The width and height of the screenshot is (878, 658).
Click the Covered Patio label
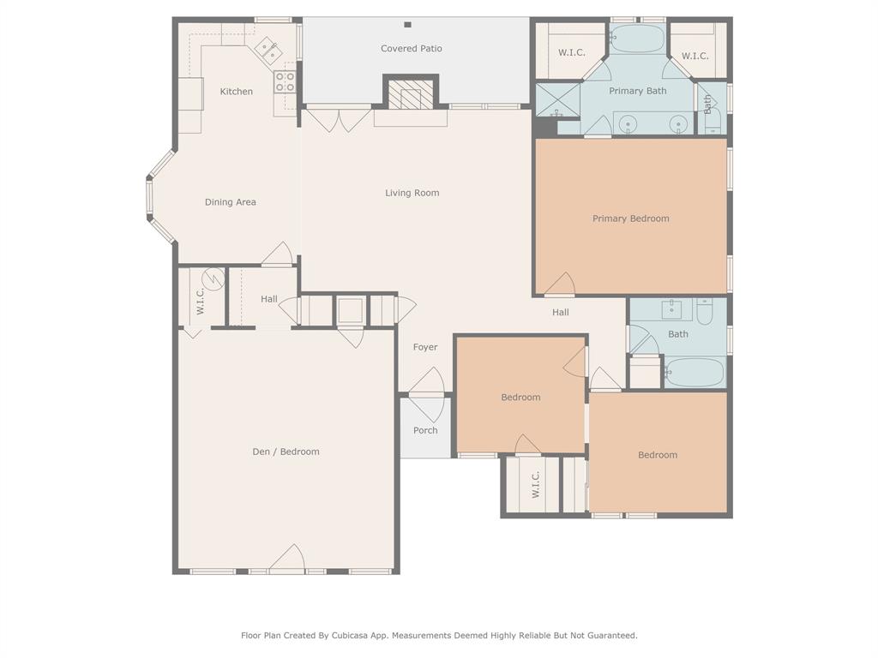[412, 49]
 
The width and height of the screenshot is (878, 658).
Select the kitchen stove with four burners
[285, 81]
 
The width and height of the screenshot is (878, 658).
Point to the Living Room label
[412, 193]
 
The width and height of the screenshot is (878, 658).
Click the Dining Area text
[230, 202]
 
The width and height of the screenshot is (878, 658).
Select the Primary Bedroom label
[630, 218]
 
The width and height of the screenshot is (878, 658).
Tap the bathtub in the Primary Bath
[637, 39]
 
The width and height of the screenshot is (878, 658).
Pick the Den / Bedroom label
[286, 452]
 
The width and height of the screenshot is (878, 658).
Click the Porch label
[425, 430]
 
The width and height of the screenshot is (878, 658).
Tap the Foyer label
[425, 347]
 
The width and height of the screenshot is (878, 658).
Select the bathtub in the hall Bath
[695, 373]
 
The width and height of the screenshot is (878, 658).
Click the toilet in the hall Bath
[705, 313]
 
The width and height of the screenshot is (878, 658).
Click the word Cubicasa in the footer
[371, 636]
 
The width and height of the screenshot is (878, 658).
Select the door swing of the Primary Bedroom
[561, 285]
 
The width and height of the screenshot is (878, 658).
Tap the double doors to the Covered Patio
[339, 118]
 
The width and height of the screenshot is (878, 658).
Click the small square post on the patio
[407, 25]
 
